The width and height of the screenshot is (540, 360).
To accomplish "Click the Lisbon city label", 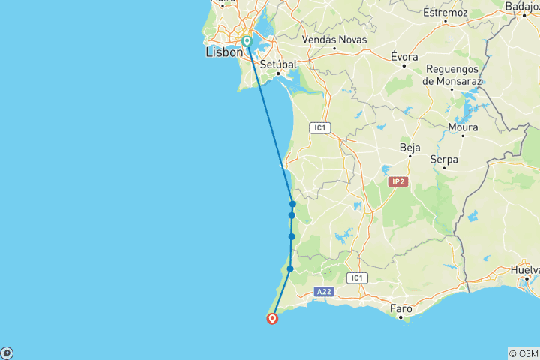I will click(224, 53).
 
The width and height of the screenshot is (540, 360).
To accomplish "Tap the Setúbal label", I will click(279, 64).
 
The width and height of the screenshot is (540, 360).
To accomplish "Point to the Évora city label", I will click(404, 56).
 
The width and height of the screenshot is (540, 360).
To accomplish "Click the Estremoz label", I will click(445, 13).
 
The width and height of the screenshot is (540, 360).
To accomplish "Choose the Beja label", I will click(410, 148).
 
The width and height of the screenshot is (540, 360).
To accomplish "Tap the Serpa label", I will click(444, 160).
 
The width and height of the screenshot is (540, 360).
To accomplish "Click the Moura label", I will click(463, 127).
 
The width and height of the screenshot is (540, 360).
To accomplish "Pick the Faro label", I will click(402, 308).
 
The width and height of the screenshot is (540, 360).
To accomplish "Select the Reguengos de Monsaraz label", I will click(451, 74).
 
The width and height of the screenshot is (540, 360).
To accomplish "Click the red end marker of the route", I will click(272, 318).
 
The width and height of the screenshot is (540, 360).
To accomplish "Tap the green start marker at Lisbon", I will click(247, 41).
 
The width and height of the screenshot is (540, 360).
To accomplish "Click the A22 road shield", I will click(324, 291).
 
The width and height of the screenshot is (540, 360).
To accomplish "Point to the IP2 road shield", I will click(397, 181).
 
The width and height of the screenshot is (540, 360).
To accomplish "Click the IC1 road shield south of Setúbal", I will click(320, 127).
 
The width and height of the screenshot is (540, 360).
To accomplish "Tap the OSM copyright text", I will click(523, 353).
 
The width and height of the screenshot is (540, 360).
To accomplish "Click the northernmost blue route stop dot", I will click(292, 204).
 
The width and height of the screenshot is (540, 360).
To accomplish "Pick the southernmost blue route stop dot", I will click(290, 268).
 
